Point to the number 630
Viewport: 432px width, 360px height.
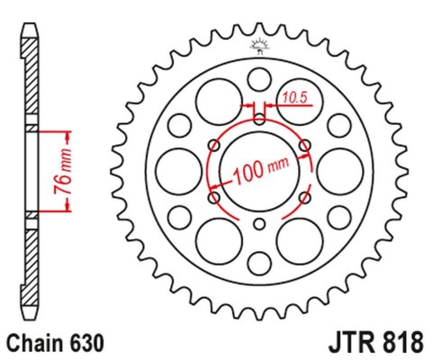tap(88, 343)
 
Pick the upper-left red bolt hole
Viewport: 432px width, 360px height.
tap(214, 144)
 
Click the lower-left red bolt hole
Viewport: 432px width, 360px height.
tap(214, 196)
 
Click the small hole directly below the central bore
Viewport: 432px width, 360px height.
tap(260, 224)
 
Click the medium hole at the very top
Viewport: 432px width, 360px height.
tap(260, 74)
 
